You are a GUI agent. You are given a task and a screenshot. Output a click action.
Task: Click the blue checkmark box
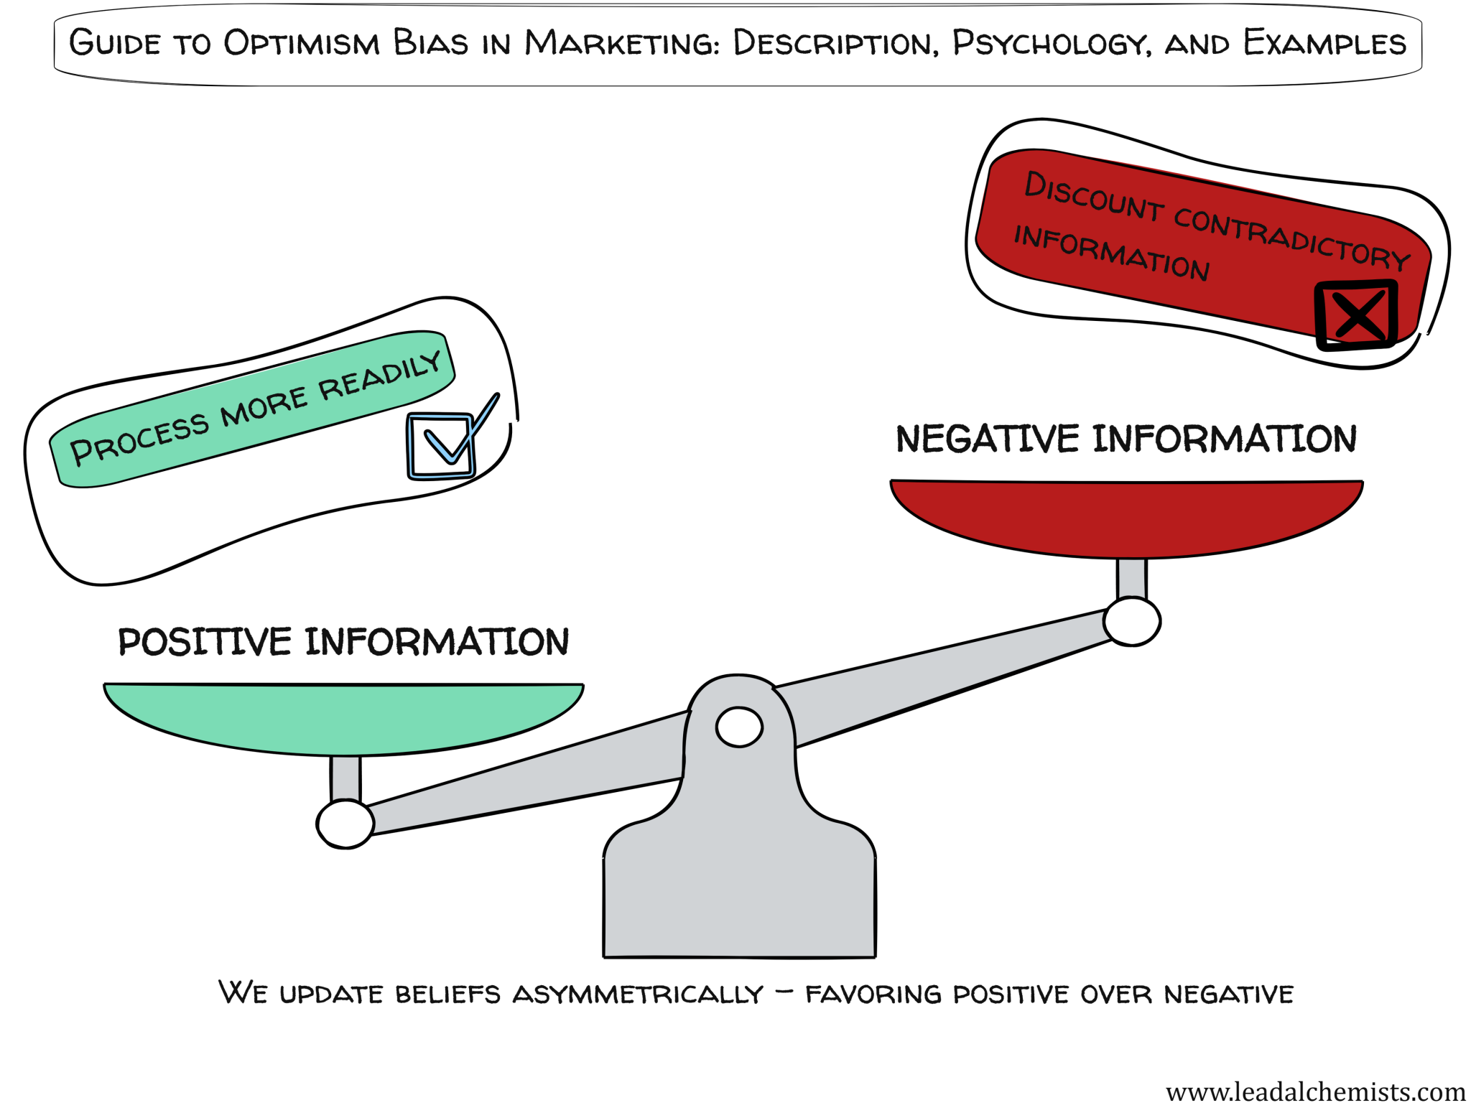pos(440,445)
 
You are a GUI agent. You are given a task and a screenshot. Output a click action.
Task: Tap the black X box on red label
pos(1355,315)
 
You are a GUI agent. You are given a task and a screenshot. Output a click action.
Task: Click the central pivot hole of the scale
pos(739,727)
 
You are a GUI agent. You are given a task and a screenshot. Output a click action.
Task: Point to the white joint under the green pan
pos(345,824)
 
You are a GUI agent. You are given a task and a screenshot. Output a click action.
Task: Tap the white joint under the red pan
pos(1132,621)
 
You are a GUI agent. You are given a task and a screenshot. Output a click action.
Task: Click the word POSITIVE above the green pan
pos(205,641)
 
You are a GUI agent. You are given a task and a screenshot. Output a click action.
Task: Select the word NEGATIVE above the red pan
pos(987,439)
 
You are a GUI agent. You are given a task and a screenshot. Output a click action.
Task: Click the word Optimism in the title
pos(301,43)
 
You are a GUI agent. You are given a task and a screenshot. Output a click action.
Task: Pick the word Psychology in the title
pos(1052,43)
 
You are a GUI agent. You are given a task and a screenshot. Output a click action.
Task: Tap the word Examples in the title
pos(1324,43)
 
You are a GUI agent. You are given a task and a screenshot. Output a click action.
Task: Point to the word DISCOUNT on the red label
pos(1093,196)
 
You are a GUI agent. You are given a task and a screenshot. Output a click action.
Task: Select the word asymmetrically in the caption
pos(638,994)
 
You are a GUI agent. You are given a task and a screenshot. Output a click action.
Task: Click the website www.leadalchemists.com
pos(1315,1091)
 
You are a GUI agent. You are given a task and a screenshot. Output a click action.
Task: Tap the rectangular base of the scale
pos(739,905)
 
